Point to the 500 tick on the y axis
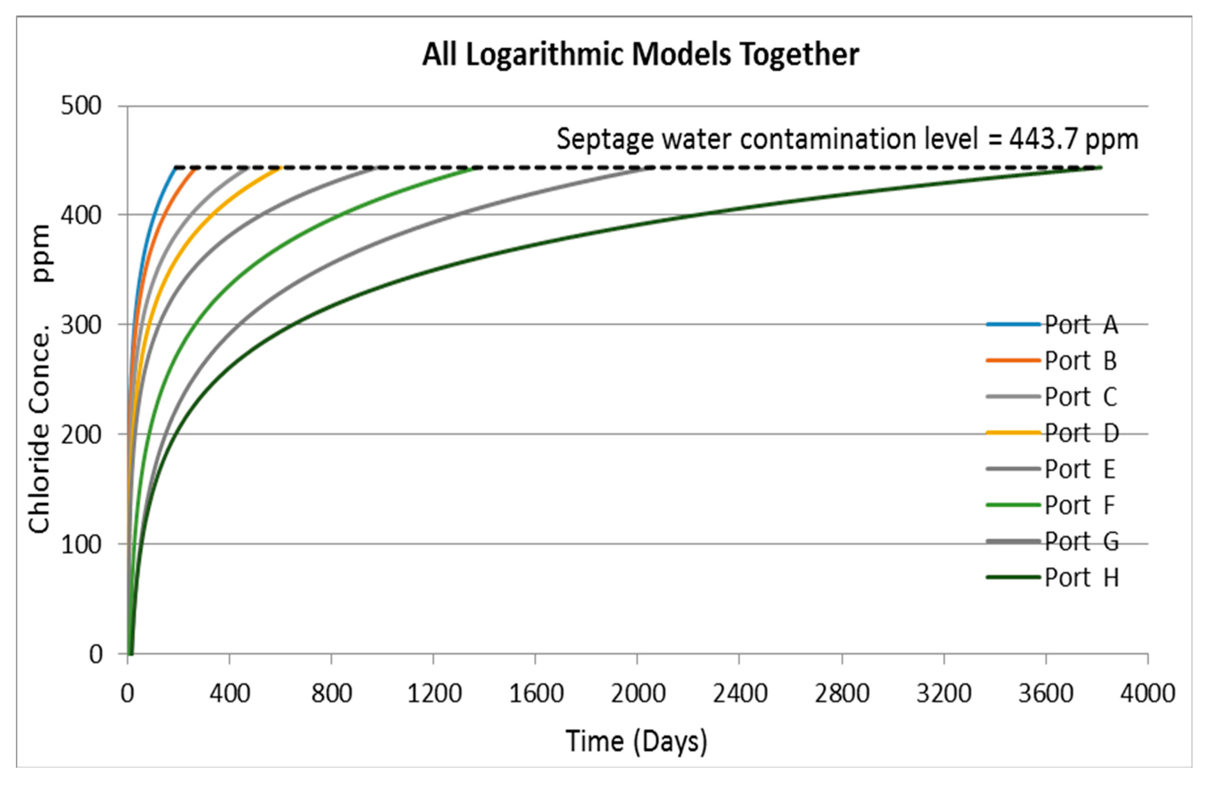click(x=82, y=106)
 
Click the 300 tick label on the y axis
click(x=82, y=325)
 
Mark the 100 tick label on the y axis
click(x=82, y=545)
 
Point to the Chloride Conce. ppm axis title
click(x=40, y=378)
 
